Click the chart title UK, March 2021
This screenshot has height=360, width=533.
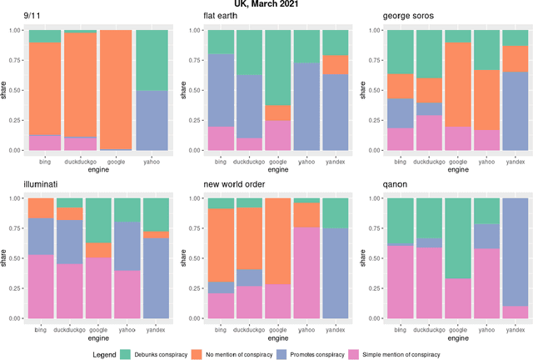[266, 5]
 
